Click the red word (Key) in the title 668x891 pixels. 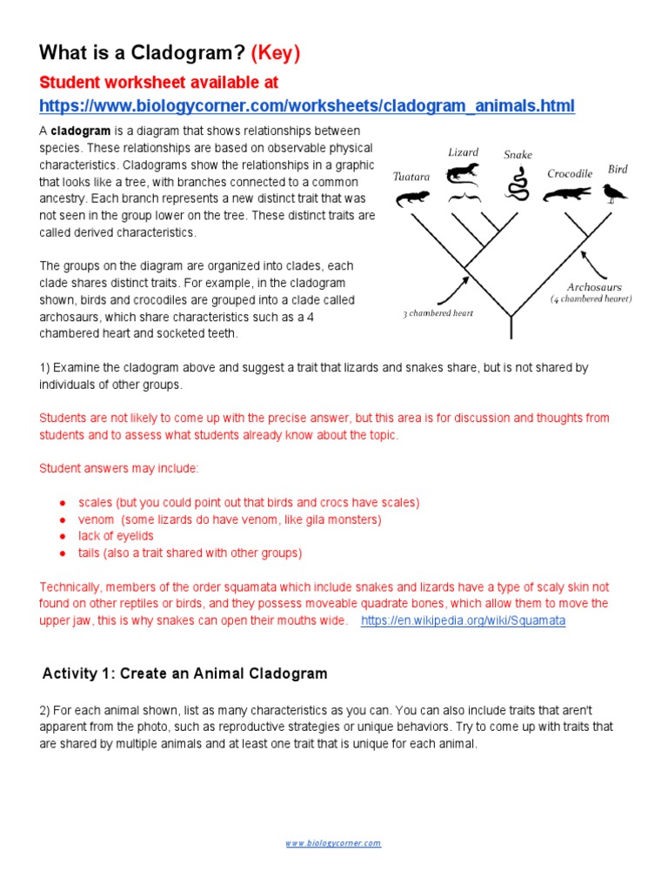275,53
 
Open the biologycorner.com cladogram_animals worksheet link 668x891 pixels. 307,106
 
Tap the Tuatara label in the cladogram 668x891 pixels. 411,177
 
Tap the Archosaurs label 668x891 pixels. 594,286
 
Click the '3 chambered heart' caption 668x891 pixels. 438,313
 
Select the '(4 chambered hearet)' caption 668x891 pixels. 591,298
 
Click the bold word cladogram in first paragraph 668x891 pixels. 78,131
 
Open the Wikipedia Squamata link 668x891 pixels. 463,620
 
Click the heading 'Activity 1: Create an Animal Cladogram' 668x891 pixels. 185,673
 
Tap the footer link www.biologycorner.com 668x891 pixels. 334,843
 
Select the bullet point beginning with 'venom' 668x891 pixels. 230,519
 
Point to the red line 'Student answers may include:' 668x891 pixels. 119,468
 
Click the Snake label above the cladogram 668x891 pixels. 518,155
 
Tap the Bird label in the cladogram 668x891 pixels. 617,169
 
